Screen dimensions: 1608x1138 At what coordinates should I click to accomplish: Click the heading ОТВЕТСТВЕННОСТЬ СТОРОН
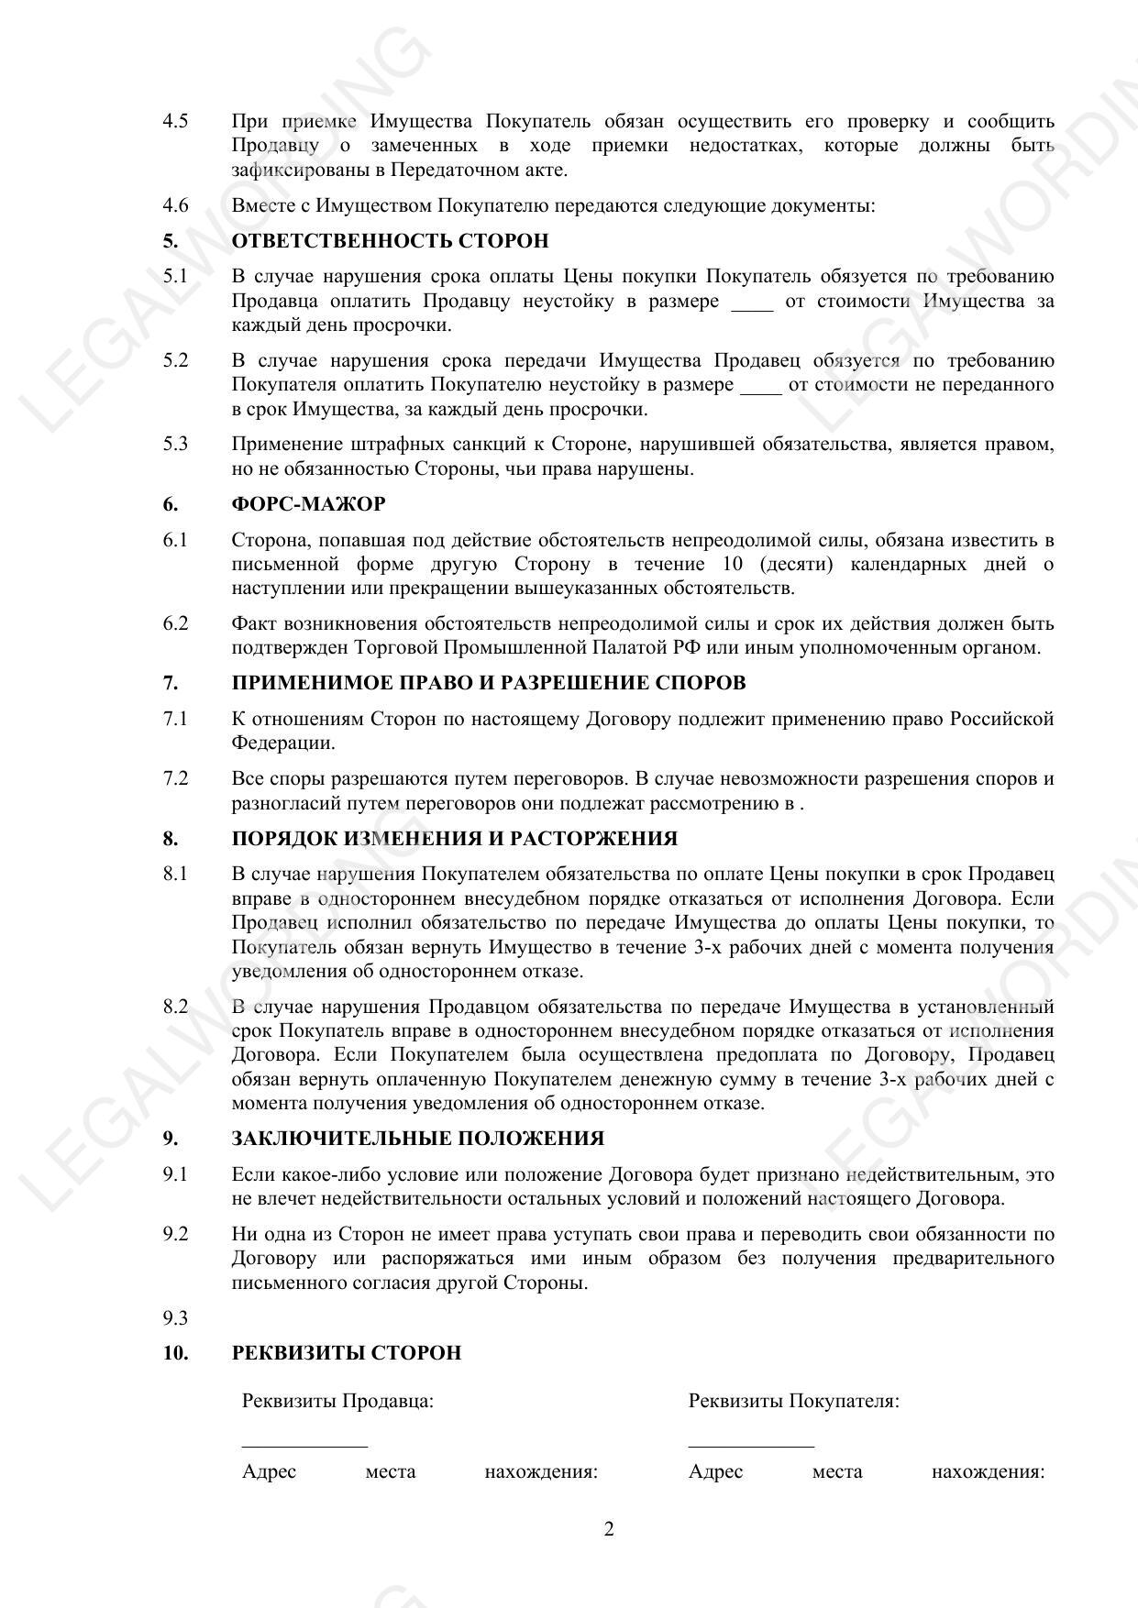pyautogui.click(x=390, y=241)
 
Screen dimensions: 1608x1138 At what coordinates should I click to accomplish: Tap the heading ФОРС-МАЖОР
pyautogui.click(x=308, y=504)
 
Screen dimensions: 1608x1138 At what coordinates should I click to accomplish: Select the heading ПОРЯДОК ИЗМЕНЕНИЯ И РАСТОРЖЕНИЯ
pyautogui.click(x=454, y=839)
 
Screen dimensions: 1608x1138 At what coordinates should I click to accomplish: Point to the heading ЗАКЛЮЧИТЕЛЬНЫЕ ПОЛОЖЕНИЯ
pyautogui.click(x=417, y=1139)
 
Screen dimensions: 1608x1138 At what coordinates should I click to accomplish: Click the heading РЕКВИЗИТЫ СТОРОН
pyautogui.click(x=346, y=1353)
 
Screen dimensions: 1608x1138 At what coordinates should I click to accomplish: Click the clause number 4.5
pyautogui.click(x=175, y=122)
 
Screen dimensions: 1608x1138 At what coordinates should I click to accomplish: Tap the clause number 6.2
pyautogui.click(x=175, y=624)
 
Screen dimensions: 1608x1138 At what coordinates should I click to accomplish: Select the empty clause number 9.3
pyautogui.click(x=175, y=1318)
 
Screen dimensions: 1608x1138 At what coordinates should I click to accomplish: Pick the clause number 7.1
pyautogui.click(x=175, y=720)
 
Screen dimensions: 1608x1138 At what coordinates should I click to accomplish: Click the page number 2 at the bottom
pyautogui.click(x=609, y=1529)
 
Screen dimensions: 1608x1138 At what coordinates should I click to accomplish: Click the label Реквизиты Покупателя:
pyautogui.click(x=793, y=1402)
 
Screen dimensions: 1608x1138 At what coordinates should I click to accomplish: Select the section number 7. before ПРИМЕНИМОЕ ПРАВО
pyautogui.click(x=171, y=684)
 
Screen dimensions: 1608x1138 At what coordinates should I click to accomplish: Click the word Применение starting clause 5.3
pyautogui.click(x=285, y=445)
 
